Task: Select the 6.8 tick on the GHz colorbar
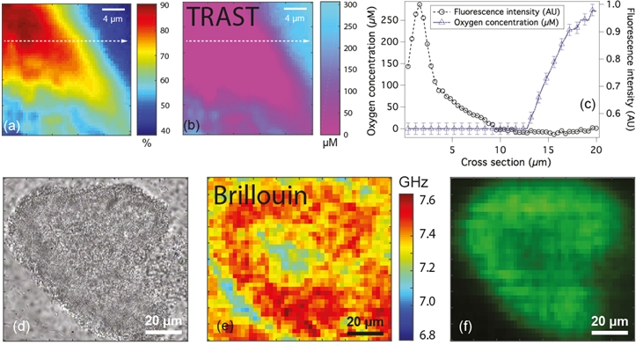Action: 425,334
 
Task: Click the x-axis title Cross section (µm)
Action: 493,162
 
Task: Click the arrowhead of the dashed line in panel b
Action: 308,40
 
